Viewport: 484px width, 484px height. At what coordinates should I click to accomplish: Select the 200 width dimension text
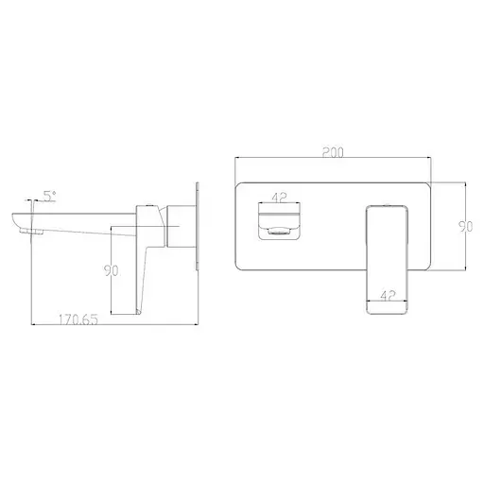click(331, 151)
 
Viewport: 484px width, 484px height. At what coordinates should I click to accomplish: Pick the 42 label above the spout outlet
click(279, 199)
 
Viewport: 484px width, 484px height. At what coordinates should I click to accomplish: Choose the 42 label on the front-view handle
click(388, 294)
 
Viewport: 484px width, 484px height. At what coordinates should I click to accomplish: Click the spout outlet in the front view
click(280, 223)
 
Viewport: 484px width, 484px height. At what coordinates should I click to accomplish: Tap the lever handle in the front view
click(388, 255)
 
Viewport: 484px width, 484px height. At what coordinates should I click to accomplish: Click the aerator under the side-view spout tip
click(37, 231)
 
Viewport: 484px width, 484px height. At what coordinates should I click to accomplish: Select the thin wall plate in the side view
click(197, 228)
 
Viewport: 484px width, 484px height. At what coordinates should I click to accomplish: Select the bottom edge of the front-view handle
click(388, 310)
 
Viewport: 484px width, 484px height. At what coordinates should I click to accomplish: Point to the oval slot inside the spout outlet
click(280, 232)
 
